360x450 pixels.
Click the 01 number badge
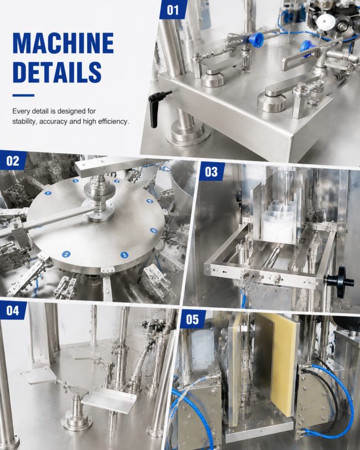pos(173,9)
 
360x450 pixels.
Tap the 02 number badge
pos(13,161)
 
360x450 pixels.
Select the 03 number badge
pos(212,172)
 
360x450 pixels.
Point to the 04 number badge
pos(13,310)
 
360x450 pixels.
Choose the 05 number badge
pos(192,319)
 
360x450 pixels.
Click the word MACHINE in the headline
pos(63,43)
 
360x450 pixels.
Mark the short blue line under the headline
pos(23,95)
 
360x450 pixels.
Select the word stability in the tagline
pos(25,121)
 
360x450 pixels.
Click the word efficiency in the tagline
pos(114,121)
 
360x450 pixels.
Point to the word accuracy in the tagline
pos(53,122)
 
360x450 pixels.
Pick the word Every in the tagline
pos(20,111)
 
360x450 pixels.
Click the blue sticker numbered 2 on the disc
pos(66,254)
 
